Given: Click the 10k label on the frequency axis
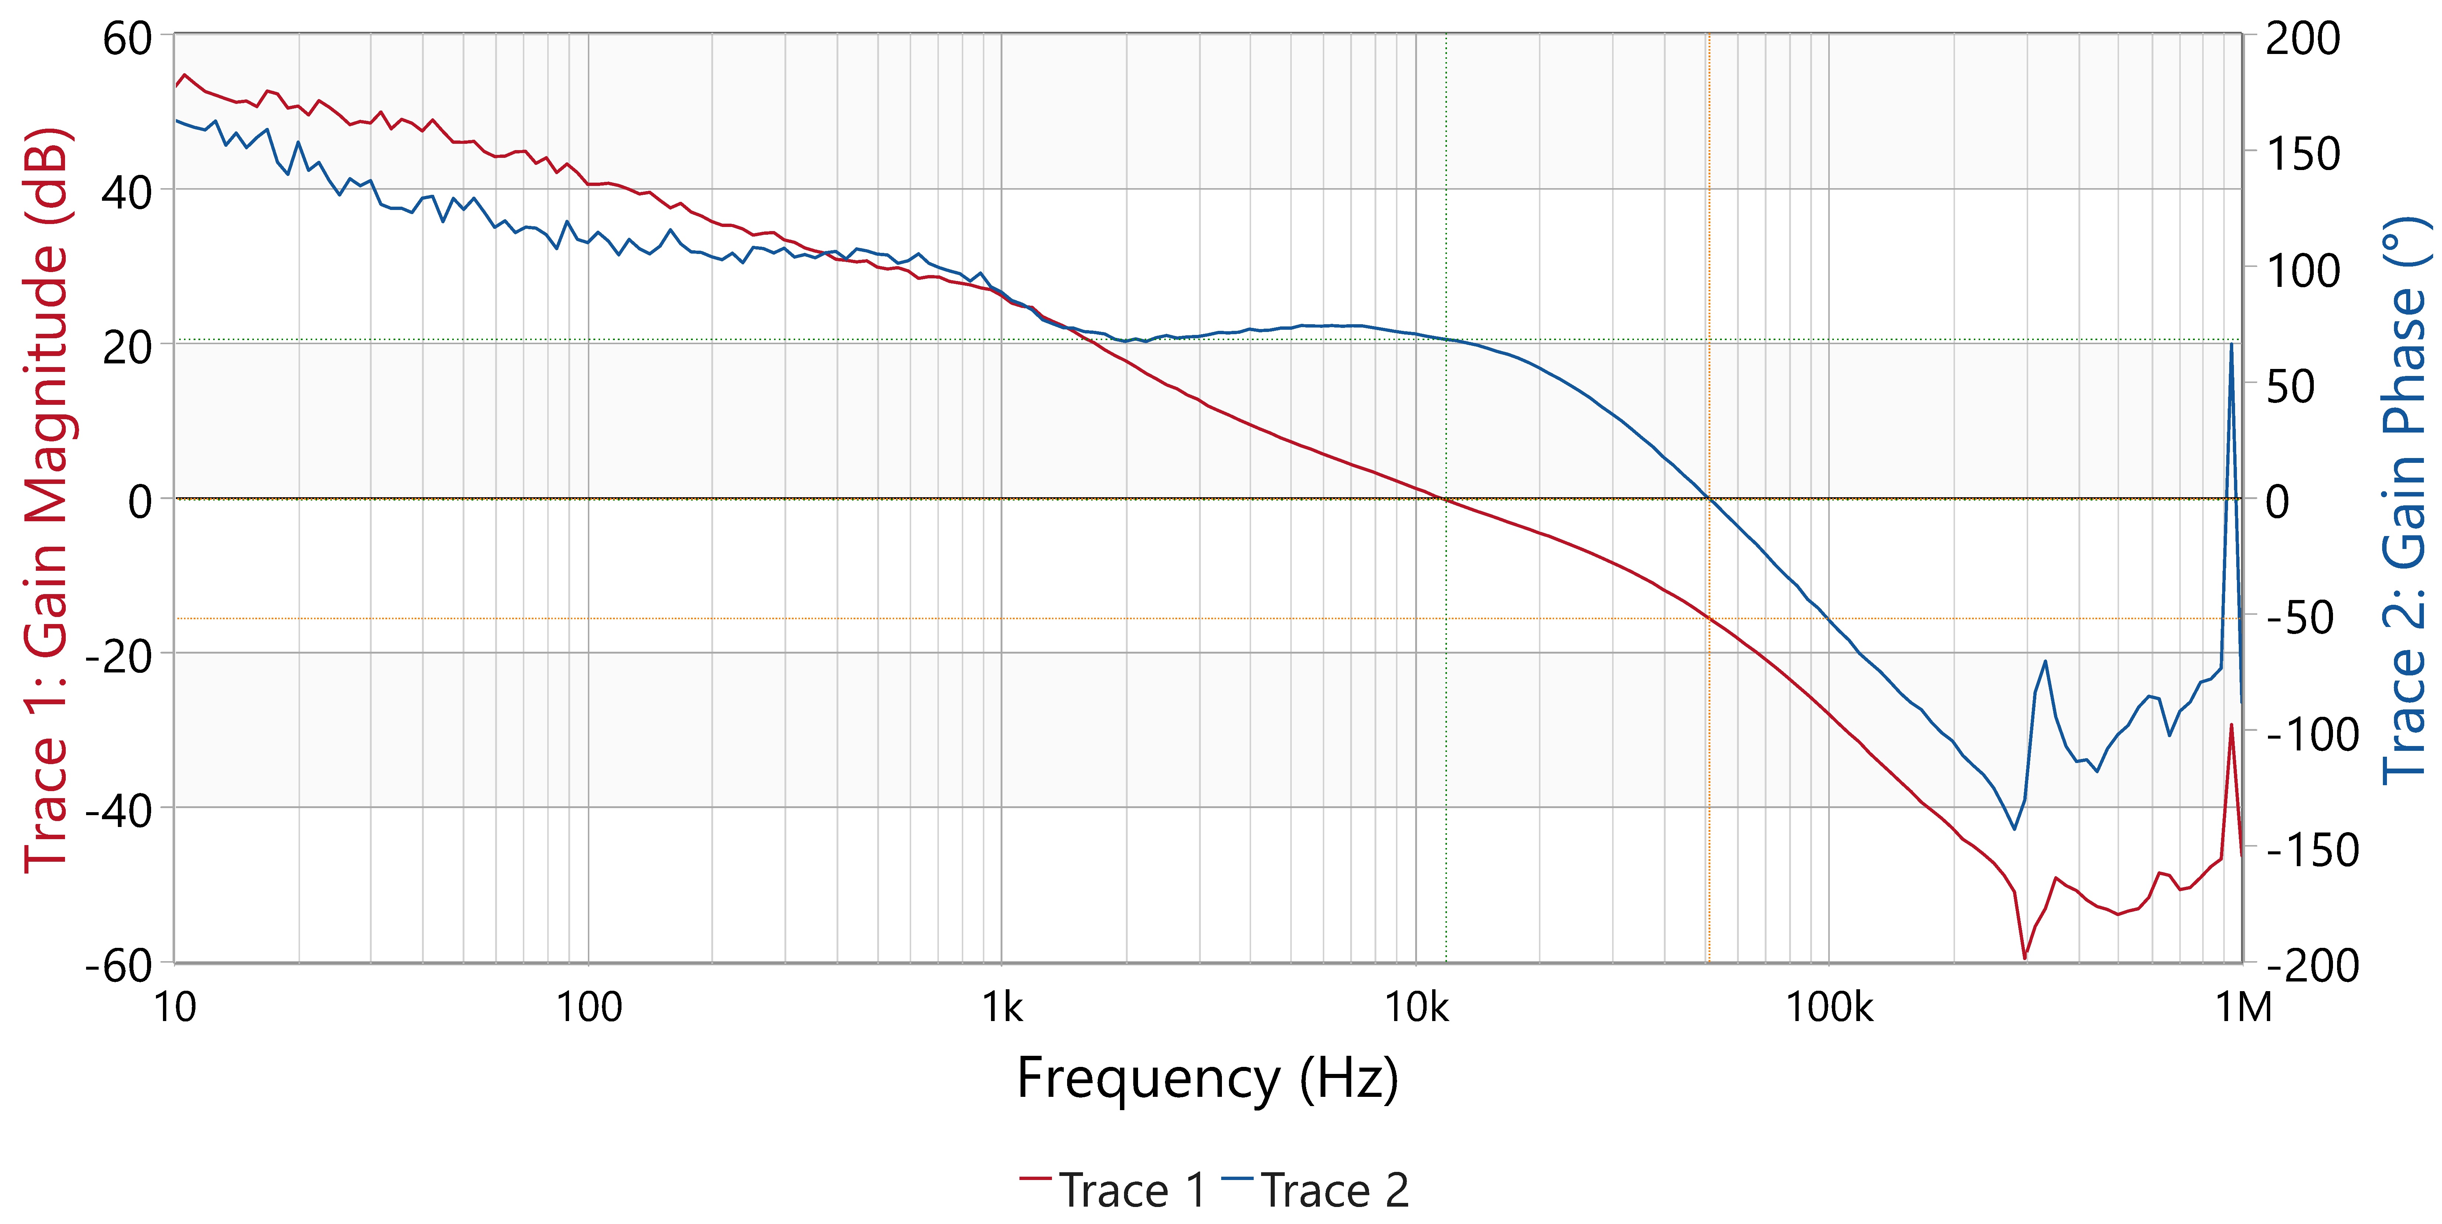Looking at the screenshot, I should tap(1416, 1007).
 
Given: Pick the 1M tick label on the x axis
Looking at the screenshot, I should tap(2243, 1007).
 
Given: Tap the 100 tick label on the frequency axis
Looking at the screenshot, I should tap(588, 1007).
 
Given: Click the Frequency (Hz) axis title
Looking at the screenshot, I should tap(1207, 1079).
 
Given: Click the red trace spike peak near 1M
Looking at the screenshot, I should tap(2231, 725).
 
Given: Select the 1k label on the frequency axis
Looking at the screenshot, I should tap(1002, 1007).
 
